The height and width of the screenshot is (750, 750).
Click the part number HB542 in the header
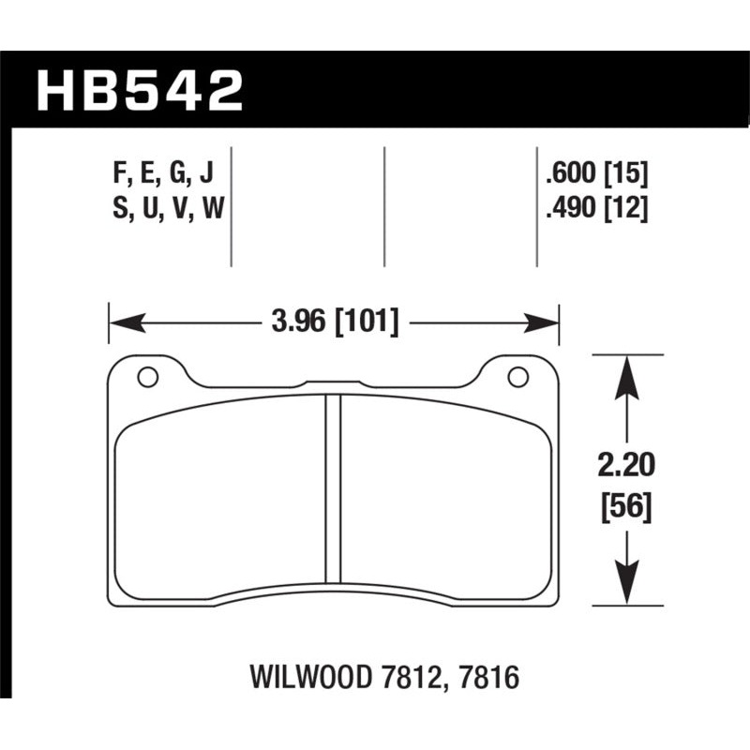click(139, 91)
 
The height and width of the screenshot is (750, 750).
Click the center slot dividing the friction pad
click(333, 487)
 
